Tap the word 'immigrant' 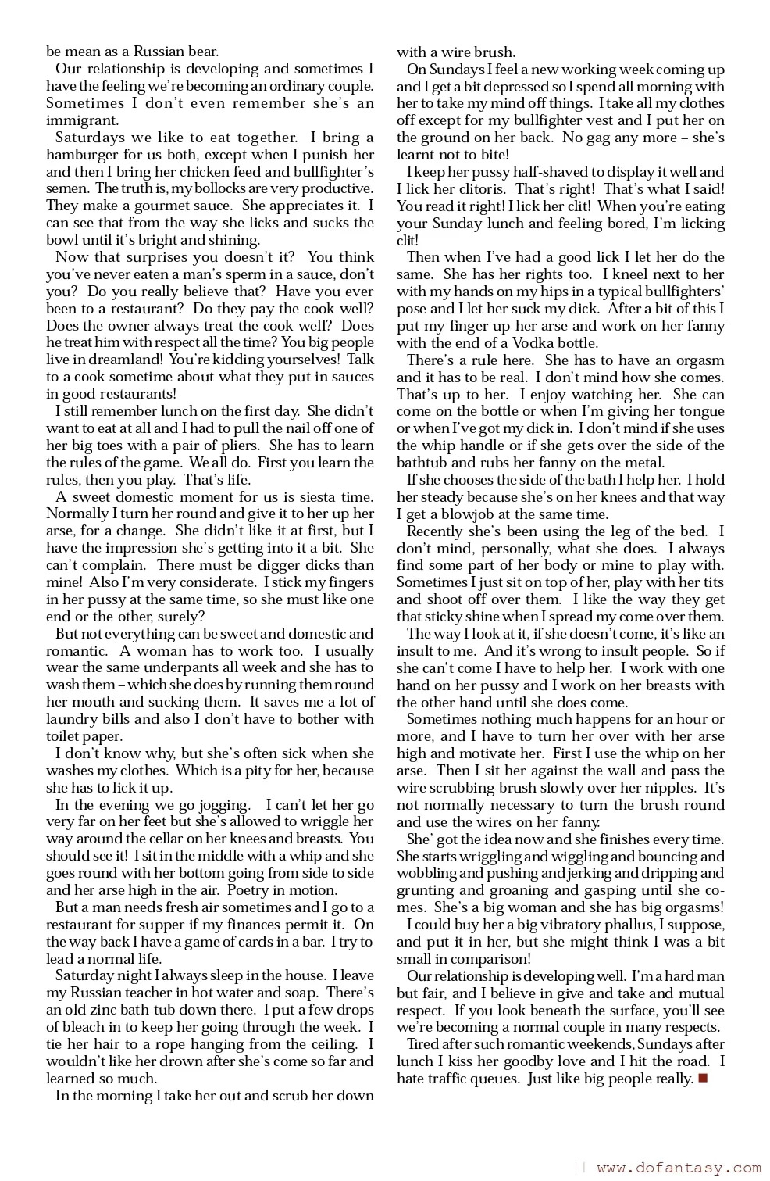tap(82, 120)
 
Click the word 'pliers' tap(239, 446)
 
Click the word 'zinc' tap(102, 1010)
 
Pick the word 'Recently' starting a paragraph tap(436, 531)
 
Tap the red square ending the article tap(702, 1079)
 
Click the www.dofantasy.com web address tap(678, 1168)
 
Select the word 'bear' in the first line tap(201, 52)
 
